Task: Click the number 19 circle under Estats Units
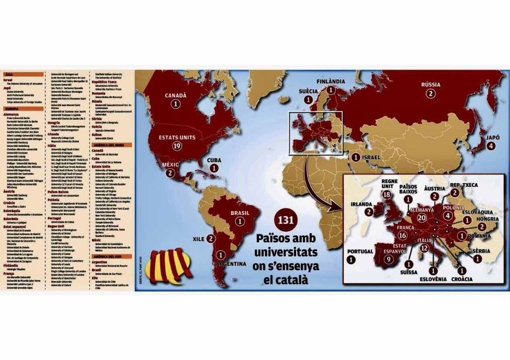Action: (177, 146)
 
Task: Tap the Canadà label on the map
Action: (176, 95)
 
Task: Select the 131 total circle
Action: (286, 220)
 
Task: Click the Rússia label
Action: (431, 84)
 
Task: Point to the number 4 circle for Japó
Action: (491, 146)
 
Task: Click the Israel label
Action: (371, 157)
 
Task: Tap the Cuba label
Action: (214, 160)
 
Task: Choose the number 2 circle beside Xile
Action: (211, 239)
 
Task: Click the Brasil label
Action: (240, 213)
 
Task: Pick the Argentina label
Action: (231, 264)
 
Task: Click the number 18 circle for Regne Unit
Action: (387, 195)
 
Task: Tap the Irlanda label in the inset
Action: (361, 204)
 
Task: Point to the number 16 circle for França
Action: (402, 235)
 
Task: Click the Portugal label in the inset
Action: (360, 251)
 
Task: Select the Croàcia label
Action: (462, 279)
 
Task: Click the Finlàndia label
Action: (331, 81)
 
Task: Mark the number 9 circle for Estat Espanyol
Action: (389, 259)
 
